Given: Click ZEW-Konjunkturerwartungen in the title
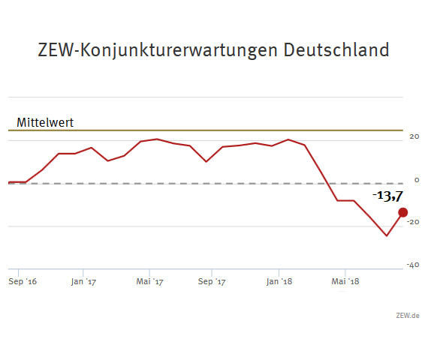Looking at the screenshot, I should coord(158,51).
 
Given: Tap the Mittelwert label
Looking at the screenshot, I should coord(45,122).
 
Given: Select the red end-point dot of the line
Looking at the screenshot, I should coord(402,212).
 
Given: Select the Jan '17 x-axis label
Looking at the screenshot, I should coord(83,282).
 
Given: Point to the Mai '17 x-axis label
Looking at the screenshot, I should coord(149,282).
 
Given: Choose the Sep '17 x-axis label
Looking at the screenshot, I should coord(212,282).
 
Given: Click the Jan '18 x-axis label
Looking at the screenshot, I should coord(279,282).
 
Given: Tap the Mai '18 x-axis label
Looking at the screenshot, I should coord(344,282).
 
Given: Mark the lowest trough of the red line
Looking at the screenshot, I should coord(387,235).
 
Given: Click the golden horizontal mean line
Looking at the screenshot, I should coord(225,130).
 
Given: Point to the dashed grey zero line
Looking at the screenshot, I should coord(225,183).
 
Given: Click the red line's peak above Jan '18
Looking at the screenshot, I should coord(288,139).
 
